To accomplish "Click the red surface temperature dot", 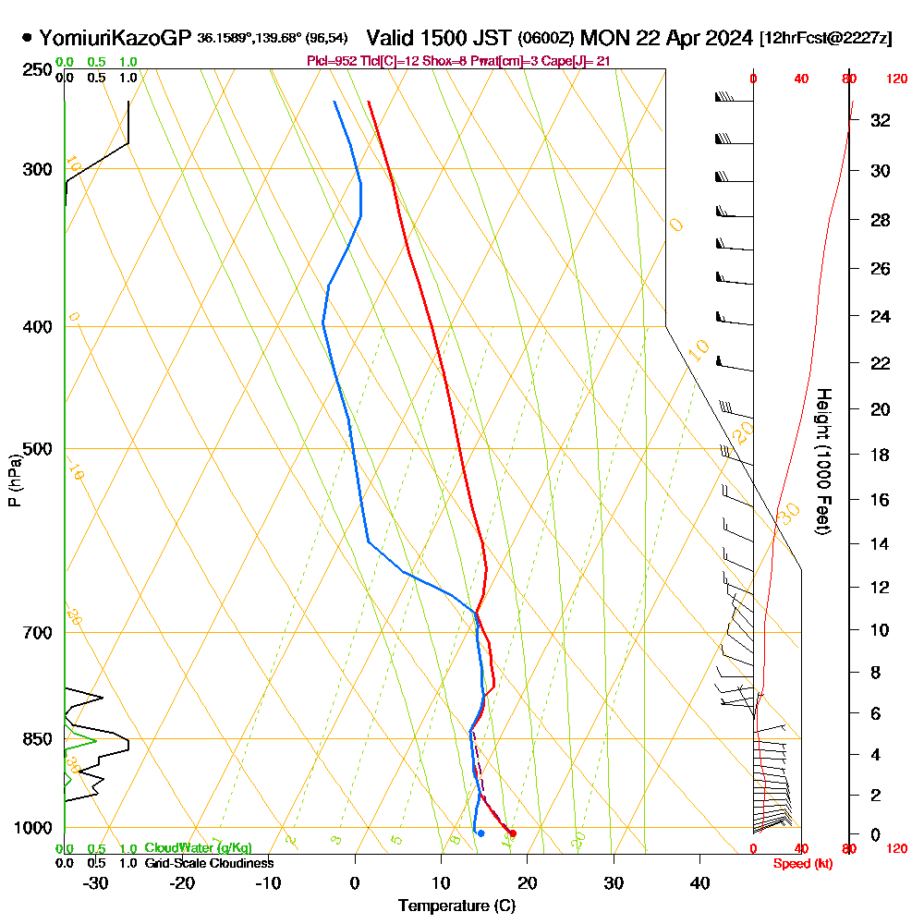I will pos(513,833).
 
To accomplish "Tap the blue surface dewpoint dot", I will pos(480,833).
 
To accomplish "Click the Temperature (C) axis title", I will pos(456,906).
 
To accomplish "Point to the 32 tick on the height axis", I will pos(881,119).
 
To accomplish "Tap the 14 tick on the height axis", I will pos(881,543).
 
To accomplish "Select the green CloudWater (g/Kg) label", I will pos(198,848).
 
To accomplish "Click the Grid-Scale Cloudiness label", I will pos(209,863).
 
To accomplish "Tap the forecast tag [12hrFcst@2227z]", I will pos(825,39).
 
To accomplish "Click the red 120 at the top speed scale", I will pos(896,79).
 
